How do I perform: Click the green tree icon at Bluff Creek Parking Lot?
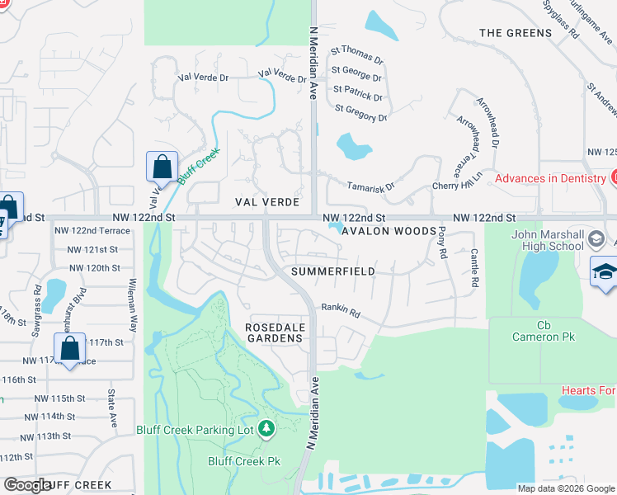pyautogui.click(x=266, y=429)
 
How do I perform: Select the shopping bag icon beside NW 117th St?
pyautogui.click(x=71, y=349)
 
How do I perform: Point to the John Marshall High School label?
pyautogui.click(x=547, y=239)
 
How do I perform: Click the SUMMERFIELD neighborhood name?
pyautogui.click(x=332, y=271)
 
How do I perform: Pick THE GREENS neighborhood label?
pyautogui.click(x=515, y=33)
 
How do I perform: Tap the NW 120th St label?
pyautogui.click(x=95, y=268)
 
